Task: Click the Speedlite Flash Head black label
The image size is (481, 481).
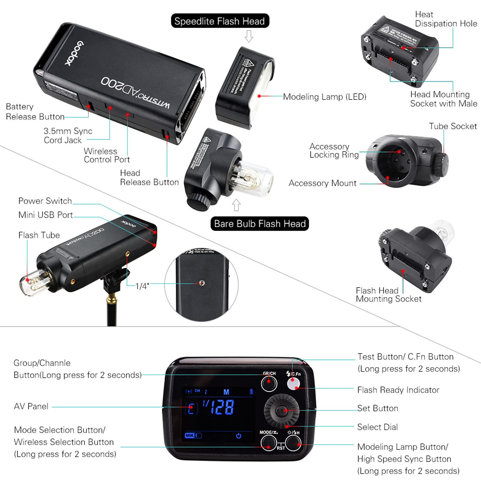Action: pos(220,21)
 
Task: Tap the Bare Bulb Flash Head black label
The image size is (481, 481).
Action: pos(259,224)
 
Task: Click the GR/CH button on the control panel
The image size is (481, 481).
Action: pos(269,383)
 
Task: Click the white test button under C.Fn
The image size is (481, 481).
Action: pos(293,384)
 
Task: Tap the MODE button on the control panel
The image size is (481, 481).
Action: pos(268,443)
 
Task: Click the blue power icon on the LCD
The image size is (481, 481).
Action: pos(238,436)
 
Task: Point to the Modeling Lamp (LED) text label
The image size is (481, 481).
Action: pos(324,97)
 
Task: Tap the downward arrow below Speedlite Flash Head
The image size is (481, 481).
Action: pos(249,36)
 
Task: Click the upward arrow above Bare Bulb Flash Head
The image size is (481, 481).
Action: pos(236,205)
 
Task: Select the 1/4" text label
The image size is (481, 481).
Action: pos(142,286)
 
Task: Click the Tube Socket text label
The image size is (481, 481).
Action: pos(452,126)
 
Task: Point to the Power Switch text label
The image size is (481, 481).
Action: pos(45,201)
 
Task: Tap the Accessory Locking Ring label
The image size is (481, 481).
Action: pos(334,150)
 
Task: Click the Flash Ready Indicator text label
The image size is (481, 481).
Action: pos(398,390)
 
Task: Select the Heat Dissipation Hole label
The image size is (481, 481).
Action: pos(446,19)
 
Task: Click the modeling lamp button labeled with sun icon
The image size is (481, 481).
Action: pos(293,443)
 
